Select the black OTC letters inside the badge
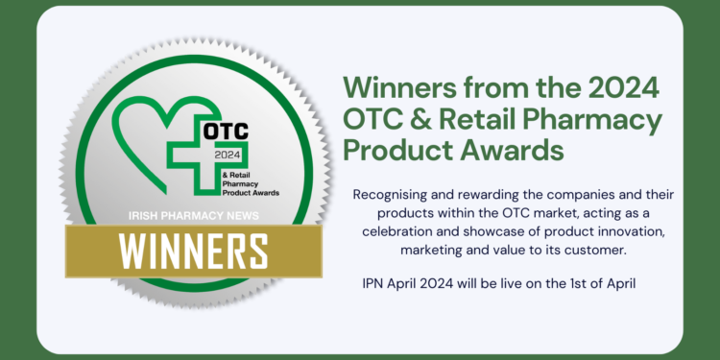point(225,131)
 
